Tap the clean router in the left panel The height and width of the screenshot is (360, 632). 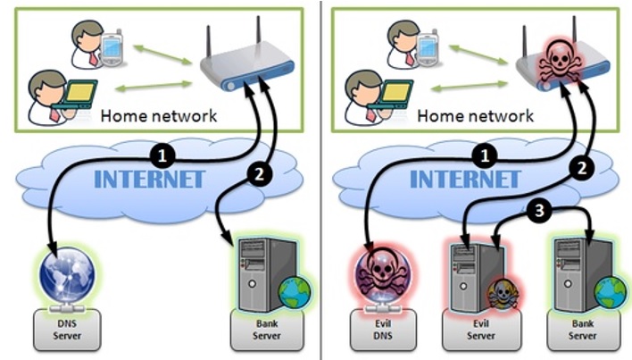pyautogui.click(x=242, y=69)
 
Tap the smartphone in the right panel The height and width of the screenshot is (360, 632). pyautogui.click(x=431, y=49)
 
